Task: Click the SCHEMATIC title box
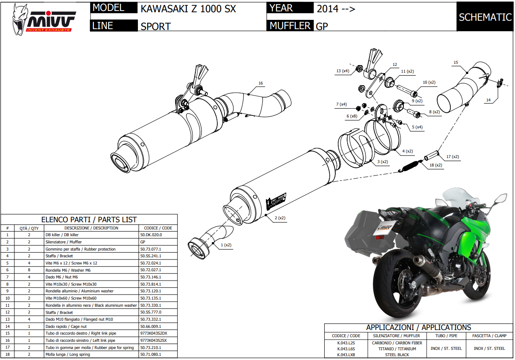485,17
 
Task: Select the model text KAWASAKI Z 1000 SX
188,9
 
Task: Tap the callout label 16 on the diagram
260,83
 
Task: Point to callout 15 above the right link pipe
455,63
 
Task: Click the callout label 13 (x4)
343,71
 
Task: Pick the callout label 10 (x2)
429,82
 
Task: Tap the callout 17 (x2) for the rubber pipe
453,157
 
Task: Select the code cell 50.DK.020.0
151,235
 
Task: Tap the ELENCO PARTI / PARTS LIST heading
89,220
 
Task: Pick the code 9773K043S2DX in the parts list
153,333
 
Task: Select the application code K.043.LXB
346,355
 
